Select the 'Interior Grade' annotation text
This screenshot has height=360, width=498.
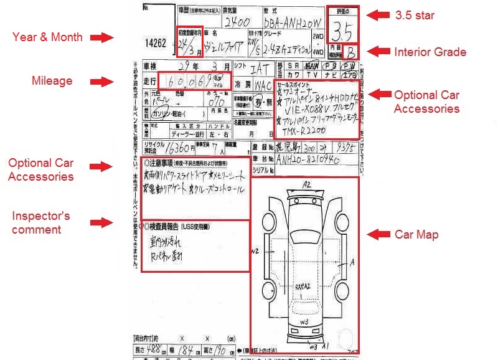tap(430, 52)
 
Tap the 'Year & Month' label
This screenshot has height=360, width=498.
tap(47, 37)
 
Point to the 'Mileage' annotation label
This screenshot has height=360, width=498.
tap(52, 80)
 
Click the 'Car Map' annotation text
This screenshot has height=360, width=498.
tap(417, 235)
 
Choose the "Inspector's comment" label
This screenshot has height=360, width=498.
tap(40, 222)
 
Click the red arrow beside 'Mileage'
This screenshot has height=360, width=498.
tap(101, 81)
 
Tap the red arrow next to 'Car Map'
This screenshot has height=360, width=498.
tap(378, 235)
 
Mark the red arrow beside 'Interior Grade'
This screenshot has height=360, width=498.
tap(378, 51)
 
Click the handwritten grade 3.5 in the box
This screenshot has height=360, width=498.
tap(343, 29)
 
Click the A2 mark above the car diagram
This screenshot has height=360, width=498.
tap(306, 184)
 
